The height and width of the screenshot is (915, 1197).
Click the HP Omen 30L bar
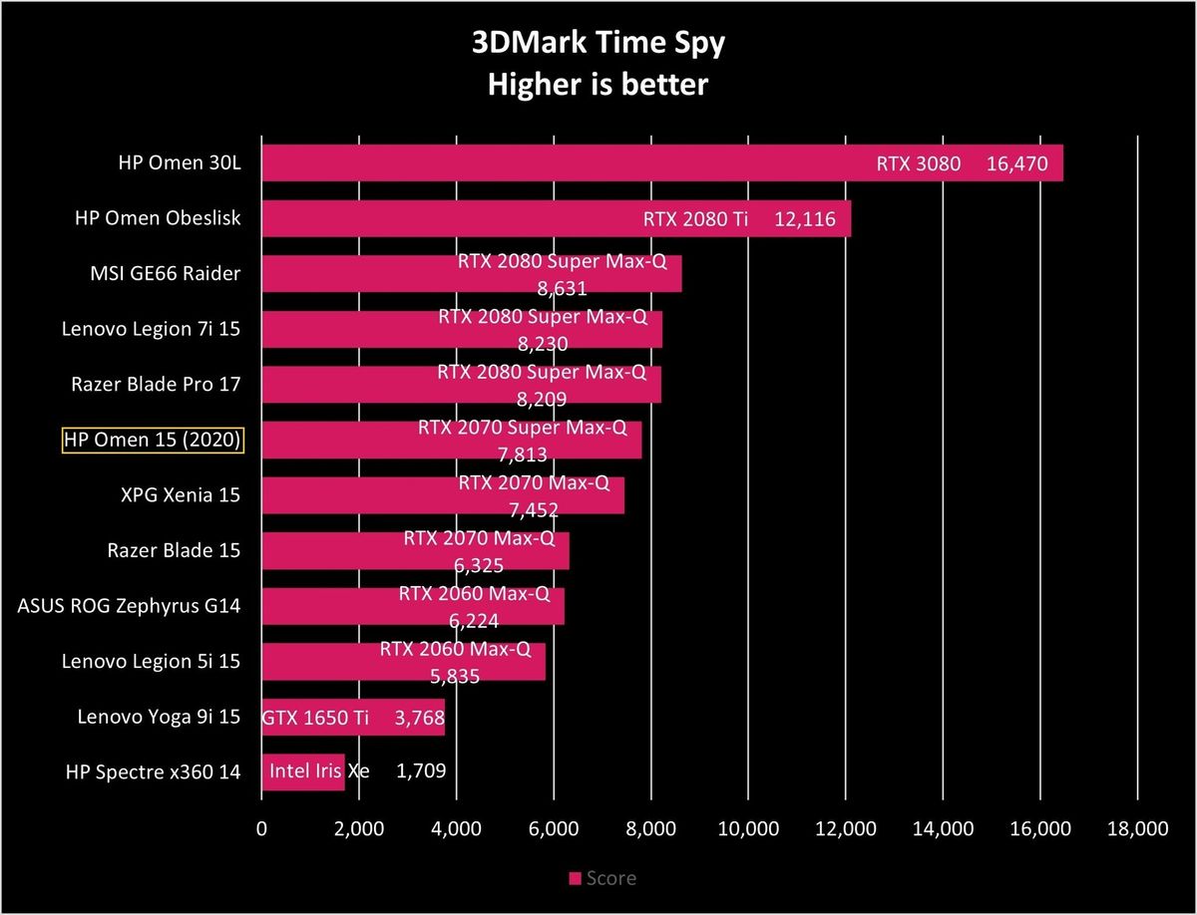(x=662, y=162)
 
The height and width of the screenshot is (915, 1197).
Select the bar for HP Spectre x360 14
(x=303, y=771)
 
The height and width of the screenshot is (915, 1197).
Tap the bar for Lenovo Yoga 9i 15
(x=353, y=717)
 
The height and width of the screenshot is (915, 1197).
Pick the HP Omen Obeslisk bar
(x=557, y=218)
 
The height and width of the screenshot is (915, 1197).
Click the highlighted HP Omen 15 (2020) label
(x=153, y=440)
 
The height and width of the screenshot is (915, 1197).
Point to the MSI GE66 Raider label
(x=166, y=273)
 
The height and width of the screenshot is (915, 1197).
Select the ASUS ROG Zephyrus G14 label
(x=129, y=605)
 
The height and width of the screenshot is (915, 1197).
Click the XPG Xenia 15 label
(x=181, y=494)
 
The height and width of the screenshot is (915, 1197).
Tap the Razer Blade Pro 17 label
(x=156, y=384)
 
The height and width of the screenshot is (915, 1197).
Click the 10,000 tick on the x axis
(x=748, y=829)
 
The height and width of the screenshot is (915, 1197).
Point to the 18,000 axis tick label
(x=1137, y=829)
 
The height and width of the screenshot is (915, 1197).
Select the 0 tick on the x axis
(x=261, y=829)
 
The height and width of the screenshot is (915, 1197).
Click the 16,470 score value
(x=1017, y=163)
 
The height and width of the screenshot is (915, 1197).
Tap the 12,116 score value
(x=805, y=219)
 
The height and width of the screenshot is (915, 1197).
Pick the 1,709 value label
(x=421, y=770)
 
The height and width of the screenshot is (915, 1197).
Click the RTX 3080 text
(x=919, y=163)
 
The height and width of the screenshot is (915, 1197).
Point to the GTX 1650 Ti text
(x=315, y=718)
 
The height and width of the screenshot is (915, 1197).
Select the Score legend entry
(x=602, y=878)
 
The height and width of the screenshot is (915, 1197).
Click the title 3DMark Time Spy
(x=598, y=43)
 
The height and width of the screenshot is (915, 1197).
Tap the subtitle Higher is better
(x=598, y=85)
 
